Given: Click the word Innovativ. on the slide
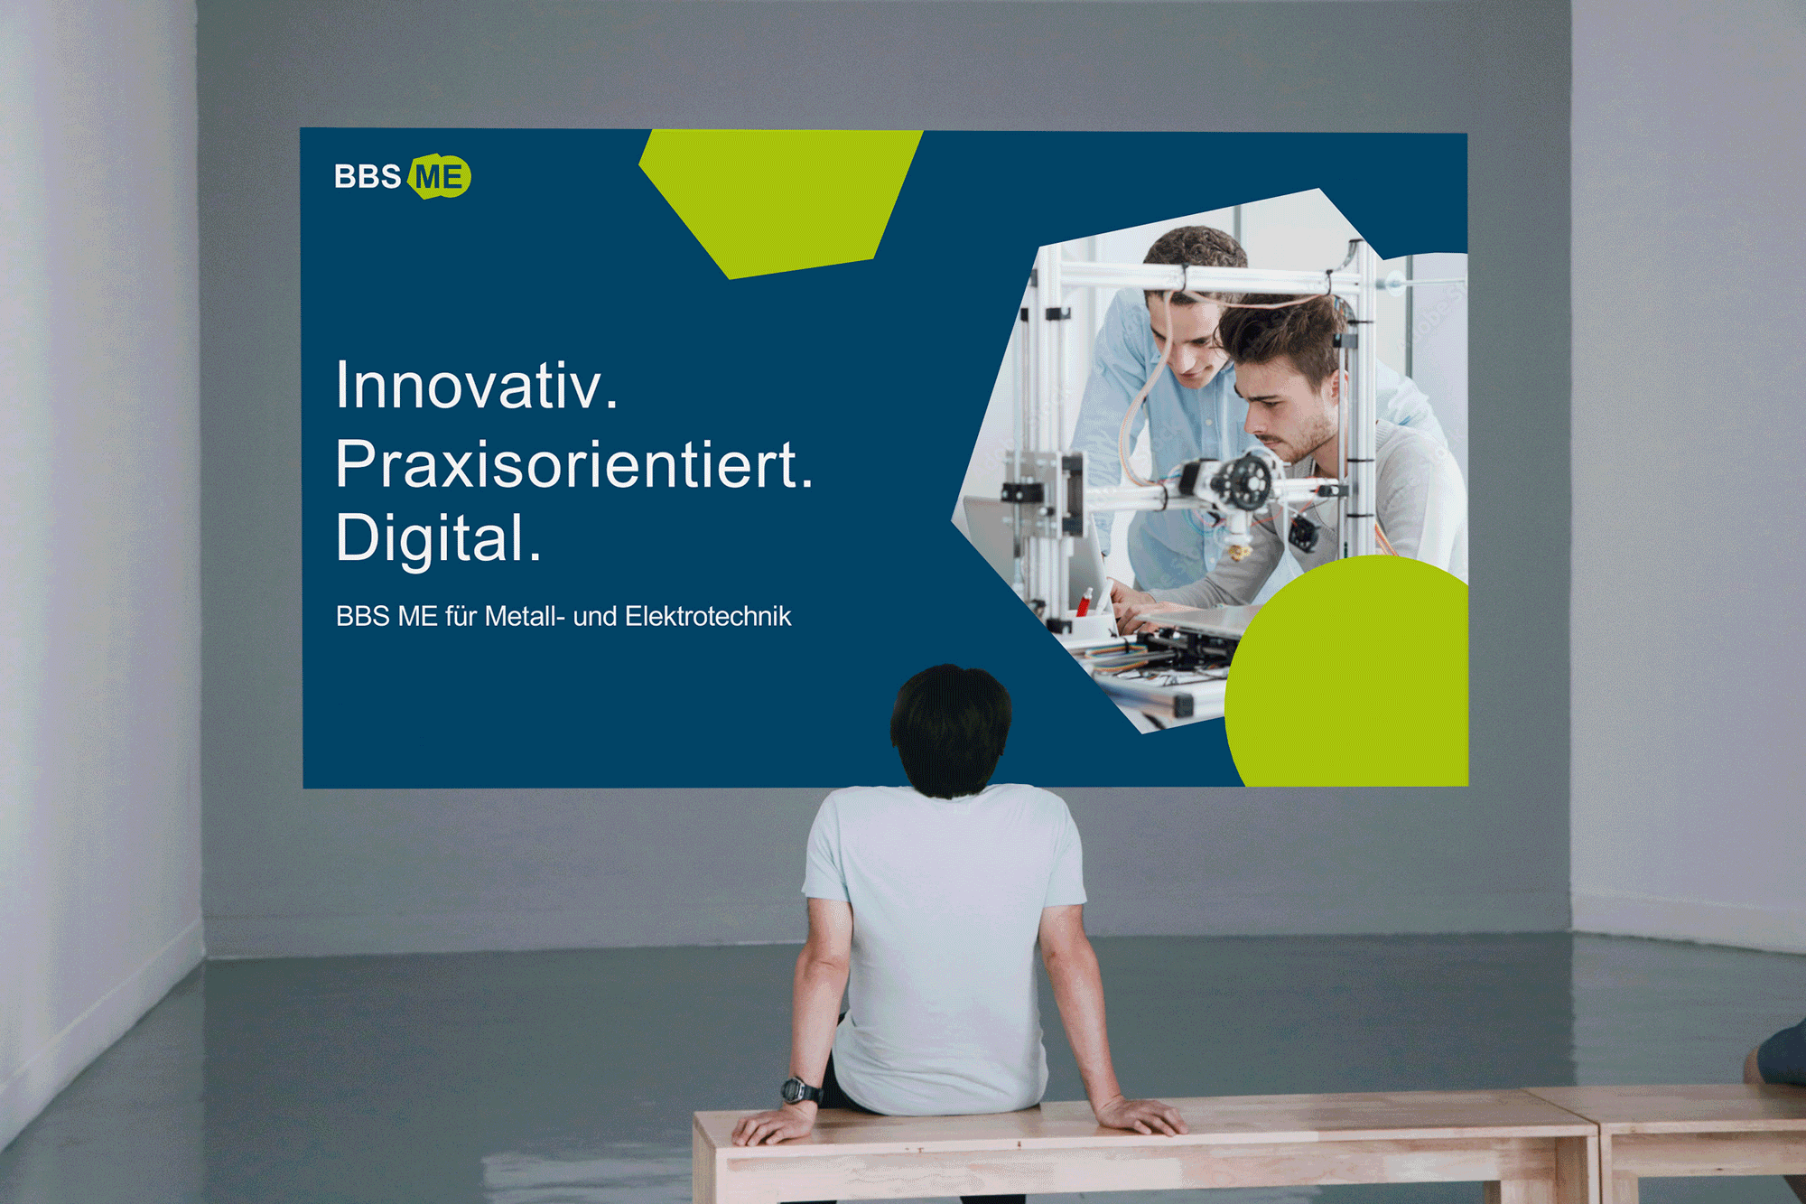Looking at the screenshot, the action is pos(477,386).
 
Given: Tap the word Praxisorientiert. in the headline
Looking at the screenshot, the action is pos(574,464).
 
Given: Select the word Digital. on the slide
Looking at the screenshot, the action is pos(438,539).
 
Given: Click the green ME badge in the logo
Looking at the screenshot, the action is pos(440,176).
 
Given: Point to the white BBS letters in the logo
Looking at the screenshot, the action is pos(368,176).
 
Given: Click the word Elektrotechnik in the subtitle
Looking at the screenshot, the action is pos(708,616).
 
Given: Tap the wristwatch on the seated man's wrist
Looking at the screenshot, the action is pos(801,1090).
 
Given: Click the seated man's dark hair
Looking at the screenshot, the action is pos(951,728).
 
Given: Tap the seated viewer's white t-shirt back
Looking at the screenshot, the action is pos(944,939).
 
